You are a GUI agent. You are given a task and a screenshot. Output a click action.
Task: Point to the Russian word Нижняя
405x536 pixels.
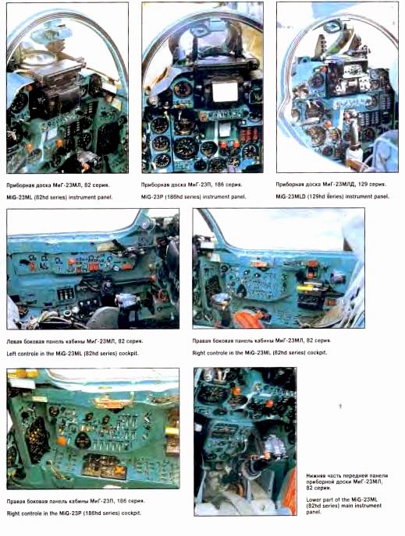pos(318,474)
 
